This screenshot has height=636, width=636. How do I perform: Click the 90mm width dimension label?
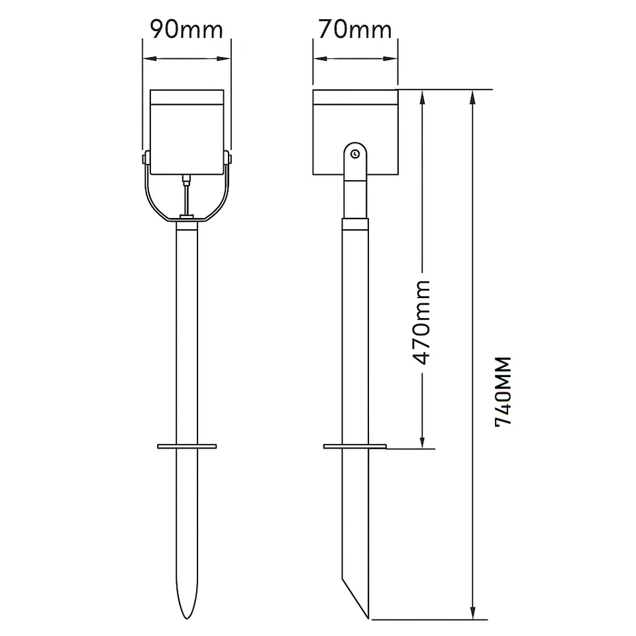186,30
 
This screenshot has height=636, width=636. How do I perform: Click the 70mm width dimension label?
355,30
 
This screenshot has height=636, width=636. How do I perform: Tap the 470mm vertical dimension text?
421,323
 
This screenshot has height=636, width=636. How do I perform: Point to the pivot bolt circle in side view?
356,154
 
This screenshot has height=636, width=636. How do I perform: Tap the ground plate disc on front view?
187,447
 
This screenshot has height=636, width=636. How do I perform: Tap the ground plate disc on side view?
354,447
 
